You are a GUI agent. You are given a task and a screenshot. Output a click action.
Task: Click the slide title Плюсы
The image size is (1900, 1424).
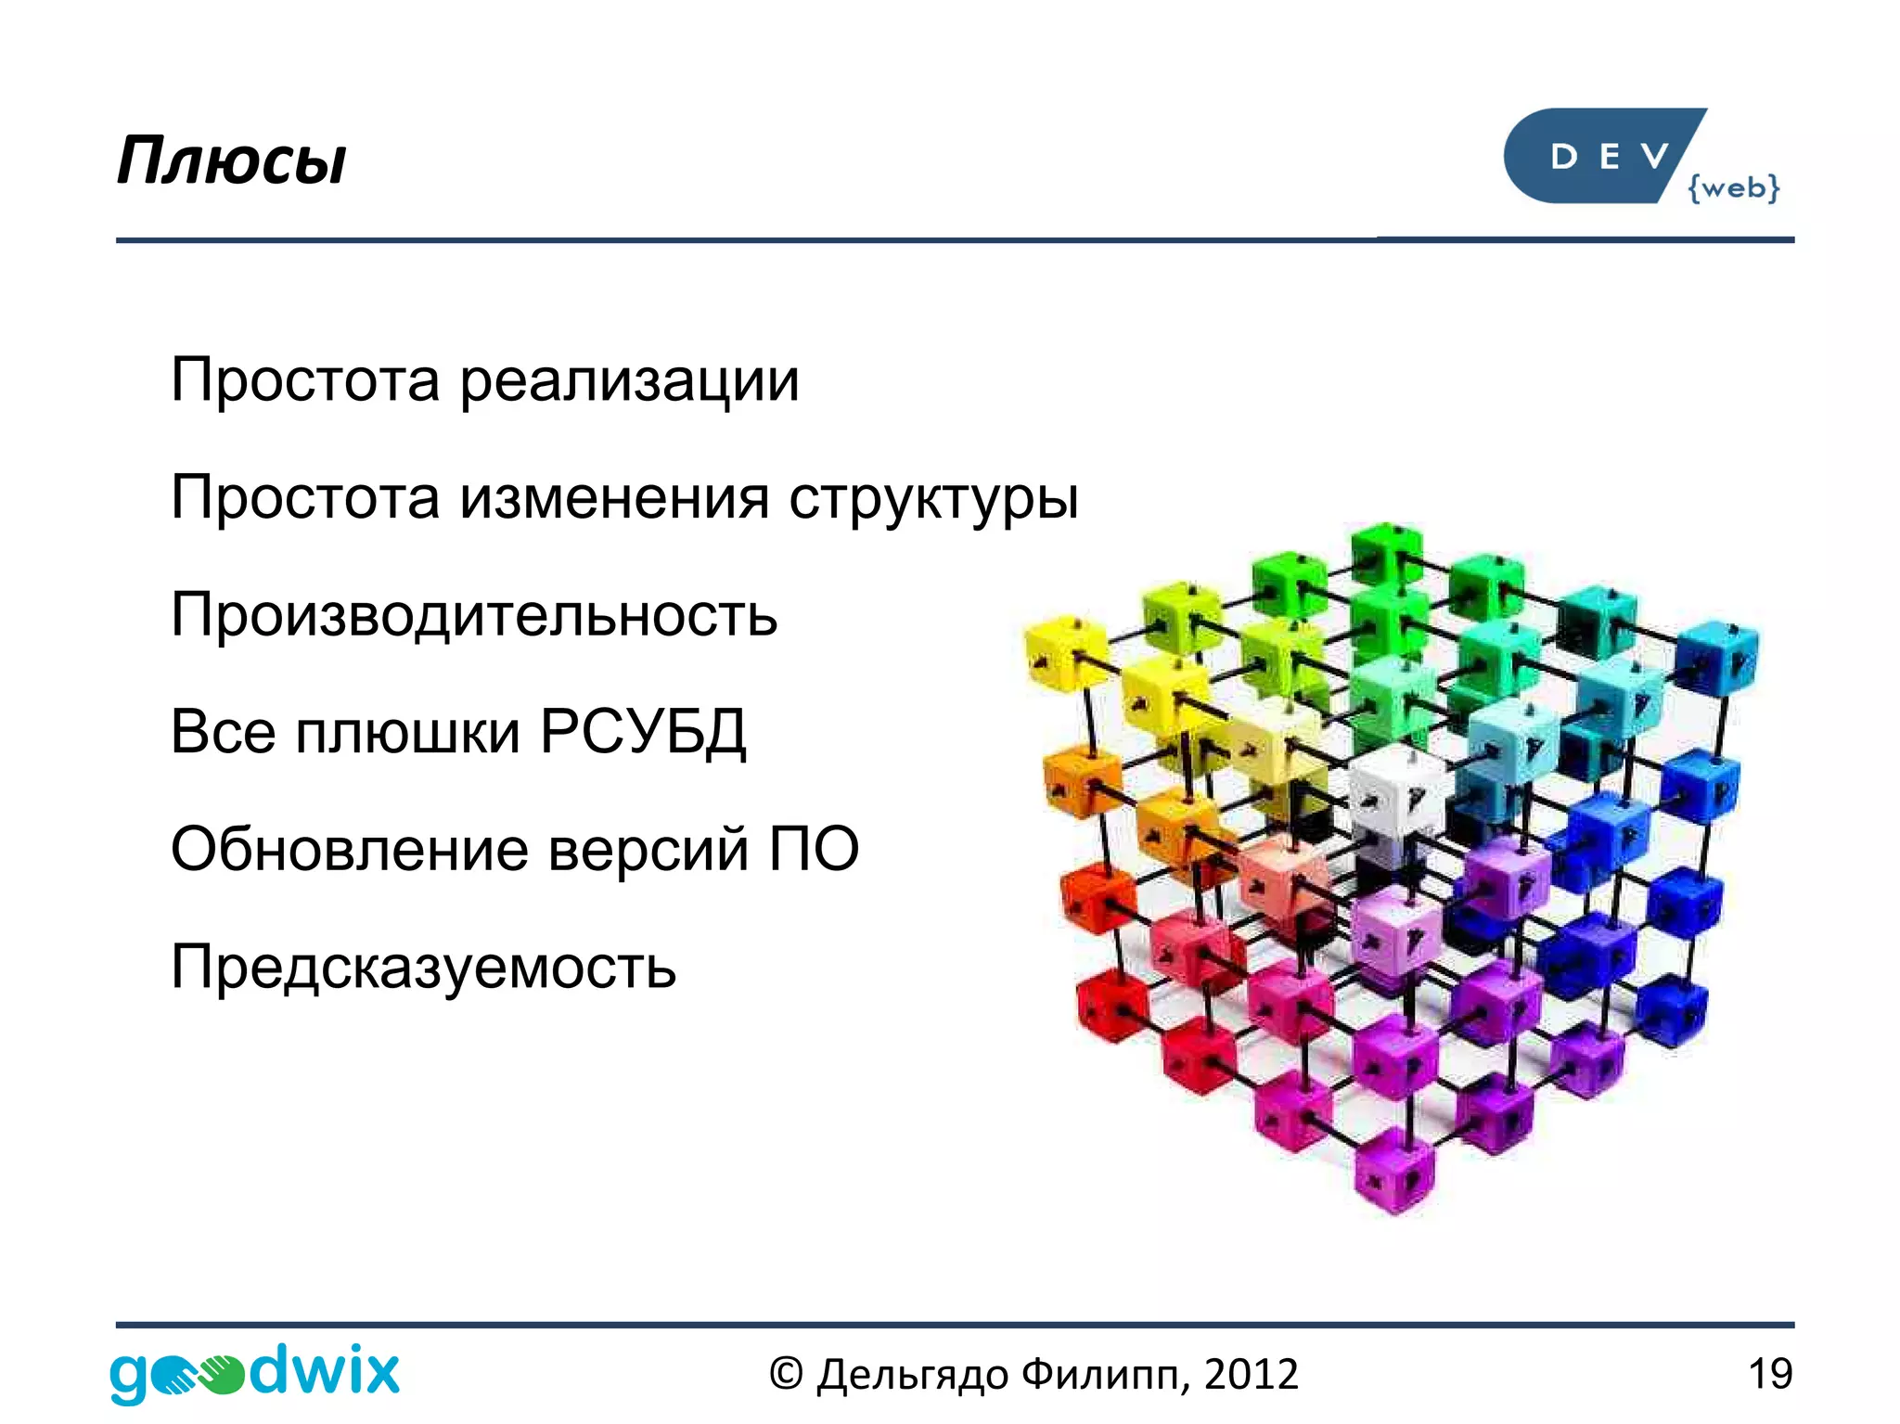tap(231, 161)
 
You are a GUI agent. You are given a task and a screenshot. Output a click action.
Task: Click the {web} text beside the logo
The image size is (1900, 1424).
tap(1733, 187)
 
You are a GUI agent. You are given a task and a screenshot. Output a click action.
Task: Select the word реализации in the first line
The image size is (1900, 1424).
tap(629, 380)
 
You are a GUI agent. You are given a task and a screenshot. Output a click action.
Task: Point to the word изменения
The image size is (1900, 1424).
tap(614, 498)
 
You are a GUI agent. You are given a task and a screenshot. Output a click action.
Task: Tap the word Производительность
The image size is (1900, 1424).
tap(473, 615)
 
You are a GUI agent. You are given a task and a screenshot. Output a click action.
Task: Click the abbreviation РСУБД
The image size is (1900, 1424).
tap(643, 732)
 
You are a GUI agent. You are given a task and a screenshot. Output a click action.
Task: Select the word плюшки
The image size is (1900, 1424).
tap(408, 732)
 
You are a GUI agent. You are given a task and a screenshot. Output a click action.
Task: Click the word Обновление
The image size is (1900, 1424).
tap(350, 849)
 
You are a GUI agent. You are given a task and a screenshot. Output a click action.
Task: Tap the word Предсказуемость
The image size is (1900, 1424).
tap(423, 967)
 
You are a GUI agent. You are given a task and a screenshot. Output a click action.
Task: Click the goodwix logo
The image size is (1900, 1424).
tap(254, 1372)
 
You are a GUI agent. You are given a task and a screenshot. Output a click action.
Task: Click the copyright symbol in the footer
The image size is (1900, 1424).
tap(785, 1374)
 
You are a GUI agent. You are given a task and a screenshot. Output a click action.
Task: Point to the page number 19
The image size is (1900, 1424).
tap(1769, 1374)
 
